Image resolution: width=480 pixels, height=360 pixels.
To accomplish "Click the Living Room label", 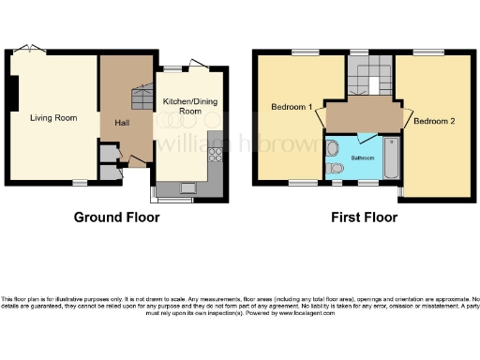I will click(52, 118).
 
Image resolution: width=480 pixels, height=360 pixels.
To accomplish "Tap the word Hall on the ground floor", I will click(122, 123).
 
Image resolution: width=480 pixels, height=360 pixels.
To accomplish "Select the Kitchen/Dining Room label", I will click(183, 105).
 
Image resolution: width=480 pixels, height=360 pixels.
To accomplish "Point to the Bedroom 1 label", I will click(291, 106).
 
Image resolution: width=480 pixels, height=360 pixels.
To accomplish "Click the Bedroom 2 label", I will click(433, 121).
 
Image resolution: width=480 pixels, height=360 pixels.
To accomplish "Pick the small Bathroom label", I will click(363, 158).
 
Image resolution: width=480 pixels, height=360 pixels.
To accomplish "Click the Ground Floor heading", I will click(116, 217).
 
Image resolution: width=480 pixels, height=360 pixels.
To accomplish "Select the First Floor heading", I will click(364, 217).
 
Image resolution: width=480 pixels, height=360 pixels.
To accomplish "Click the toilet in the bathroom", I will click(336, 169).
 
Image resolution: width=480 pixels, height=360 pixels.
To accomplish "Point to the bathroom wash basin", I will click(333, 147).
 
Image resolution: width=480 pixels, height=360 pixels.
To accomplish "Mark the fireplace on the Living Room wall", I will click(11, 94).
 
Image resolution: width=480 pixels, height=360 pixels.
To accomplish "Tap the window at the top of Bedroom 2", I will click(429, 52).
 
